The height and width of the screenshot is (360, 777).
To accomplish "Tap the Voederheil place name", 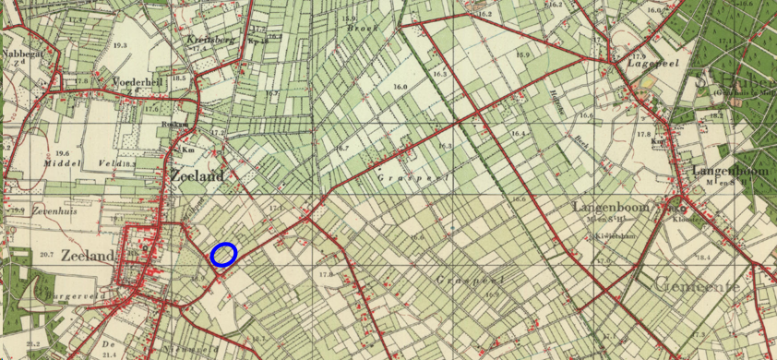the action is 131,81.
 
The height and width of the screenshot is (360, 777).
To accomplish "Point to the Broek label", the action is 357,29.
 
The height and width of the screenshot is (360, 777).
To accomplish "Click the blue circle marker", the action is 223,255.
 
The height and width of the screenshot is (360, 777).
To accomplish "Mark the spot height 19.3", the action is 120,44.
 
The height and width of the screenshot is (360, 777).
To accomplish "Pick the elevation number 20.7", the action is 46,253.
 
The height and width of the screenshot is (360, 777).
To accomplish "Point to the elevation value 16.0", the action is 400,87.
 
